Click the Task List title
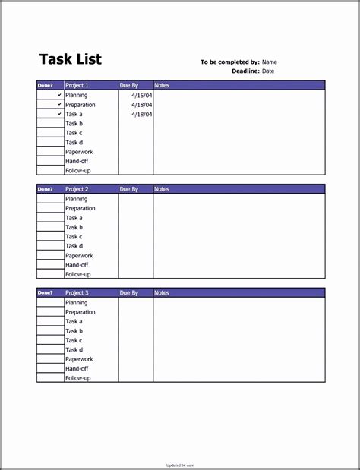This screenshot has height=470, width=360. point(70,59)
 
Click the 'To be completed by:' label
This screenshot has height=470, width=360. point(230,62)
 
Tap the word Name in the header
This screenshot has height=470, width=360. point(270,62)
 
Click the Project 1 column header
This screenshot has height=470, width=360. point(77,86)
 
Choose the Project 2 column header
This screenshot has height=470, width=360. point(77,189)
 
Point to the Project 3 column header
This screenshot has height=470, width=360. point(77,293)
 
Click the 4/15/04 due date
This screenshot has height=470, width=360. point(141,96)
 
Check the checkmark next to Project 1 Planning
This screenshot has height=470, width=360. point(59,96)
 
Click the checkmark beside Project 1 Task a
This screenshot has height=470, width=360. point(59,114)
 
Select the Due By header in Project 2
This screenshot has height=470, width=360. point(129,189)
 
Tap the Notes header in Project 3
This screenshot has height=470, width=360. point(162,293)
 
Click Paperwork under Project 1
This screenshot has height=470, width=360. point(79,152)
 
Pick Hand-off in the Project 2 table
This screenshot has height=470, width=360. point(77,265)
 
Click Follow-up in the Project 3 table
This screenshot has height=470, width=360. point(77,378)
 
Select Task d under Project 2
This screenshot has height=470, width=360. point(74,246)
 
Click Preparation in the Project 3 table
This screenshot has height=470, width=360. point(81,312)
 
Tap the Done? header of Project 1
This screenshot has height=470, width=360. point(46,86)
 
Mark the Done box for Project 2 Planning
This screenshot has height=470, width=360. point(50,199)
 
